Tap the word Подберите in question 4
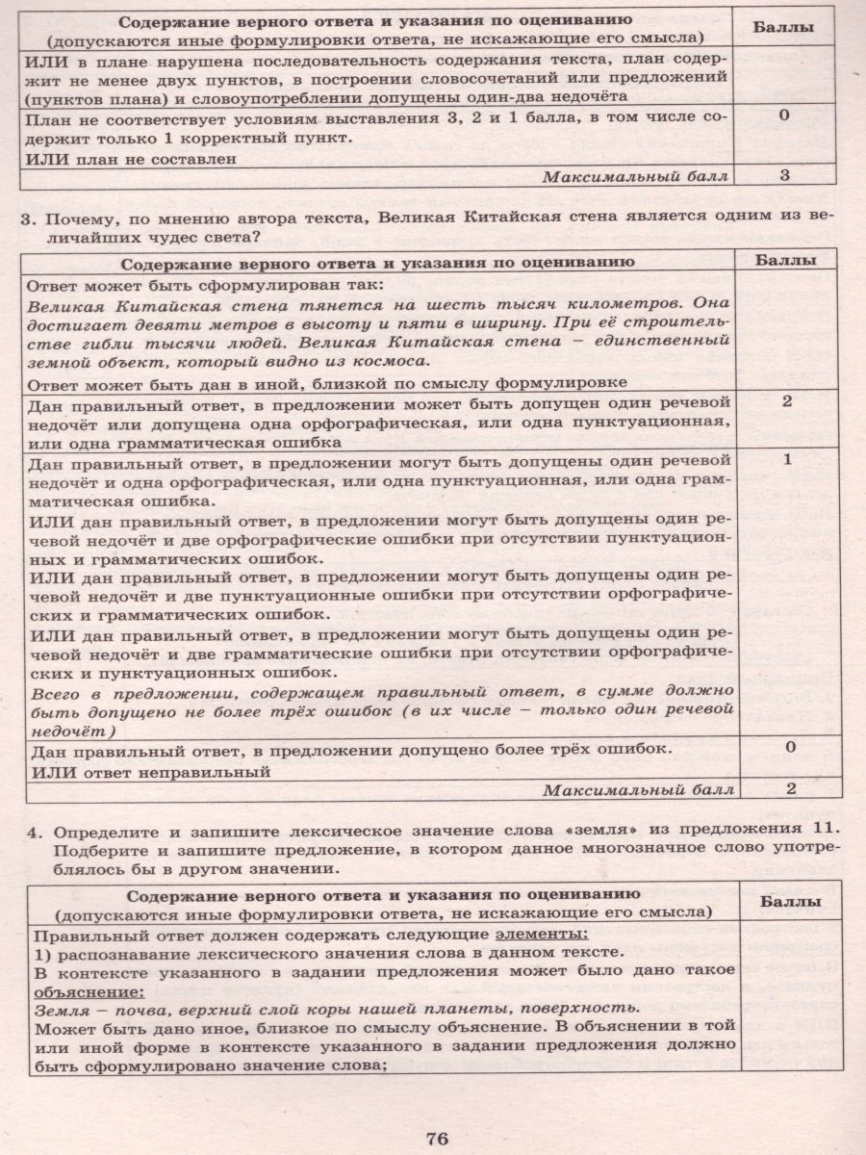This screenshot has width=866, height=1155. (95, 849)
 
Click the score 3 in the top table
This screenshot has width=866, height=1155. (785, 175)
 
